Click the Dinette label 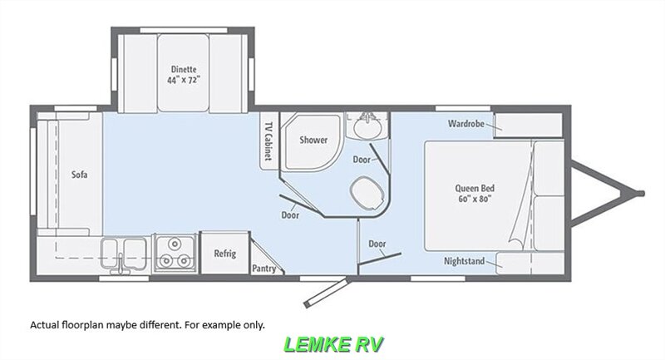pyautogui.click(x=184, y=69)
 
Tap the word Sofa pyautogui.click(x=79, y=175)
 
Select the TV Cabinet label pyautogui.click(x=268, y=141)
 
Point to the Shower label pyautogui.click(x=313, y=140)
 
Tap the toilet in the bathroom pyautogui.click(x=367, y=193)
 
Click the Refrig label pyautogui.click(x=224, y=254)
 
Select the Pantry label pyautogui.click(x=264, y=269)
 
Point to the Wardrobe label pyautogui.click(x=466, y=124)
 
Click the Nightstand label pyautogui.click(x=464, y=261)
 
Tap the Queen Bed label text pyautogui.click(x=475, y=188)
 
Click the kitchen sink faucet pyautogui.click(x=121, y=264)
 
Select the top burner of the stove pyautogui.click(x=174, y=244)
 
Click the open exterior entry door pyautogui.click(x=326, y=292)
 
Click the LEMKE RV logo pyautogui.click(x=334, y=344)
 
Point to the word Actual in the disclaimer pyautogui.click(x=45, y=325)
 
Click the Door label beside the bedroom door pyautogui.click(x=377, y=244)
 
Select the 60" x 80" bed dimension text pyautogui.click(x=475, y=199)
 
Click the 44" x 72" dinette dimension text pyautogui.click(x=184, y=80)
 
